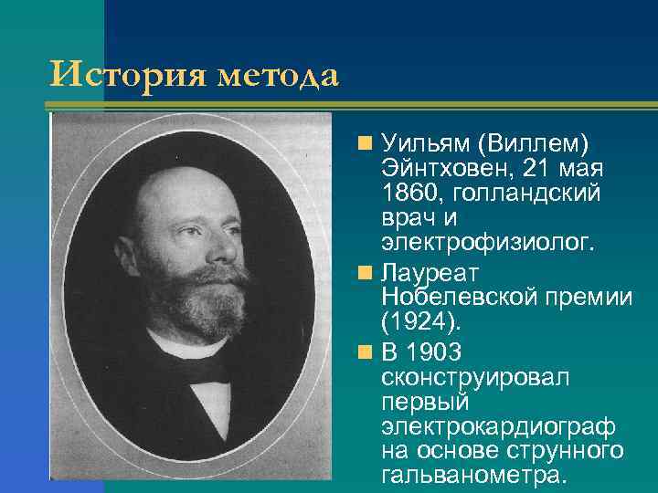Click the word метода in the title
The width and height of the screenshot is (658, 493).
[x=278, y=75]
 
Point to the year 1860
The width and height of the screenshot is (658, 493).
[x=410, y=194]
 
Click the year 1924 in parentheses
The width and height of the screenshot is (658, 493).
[x=421, y=322]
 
